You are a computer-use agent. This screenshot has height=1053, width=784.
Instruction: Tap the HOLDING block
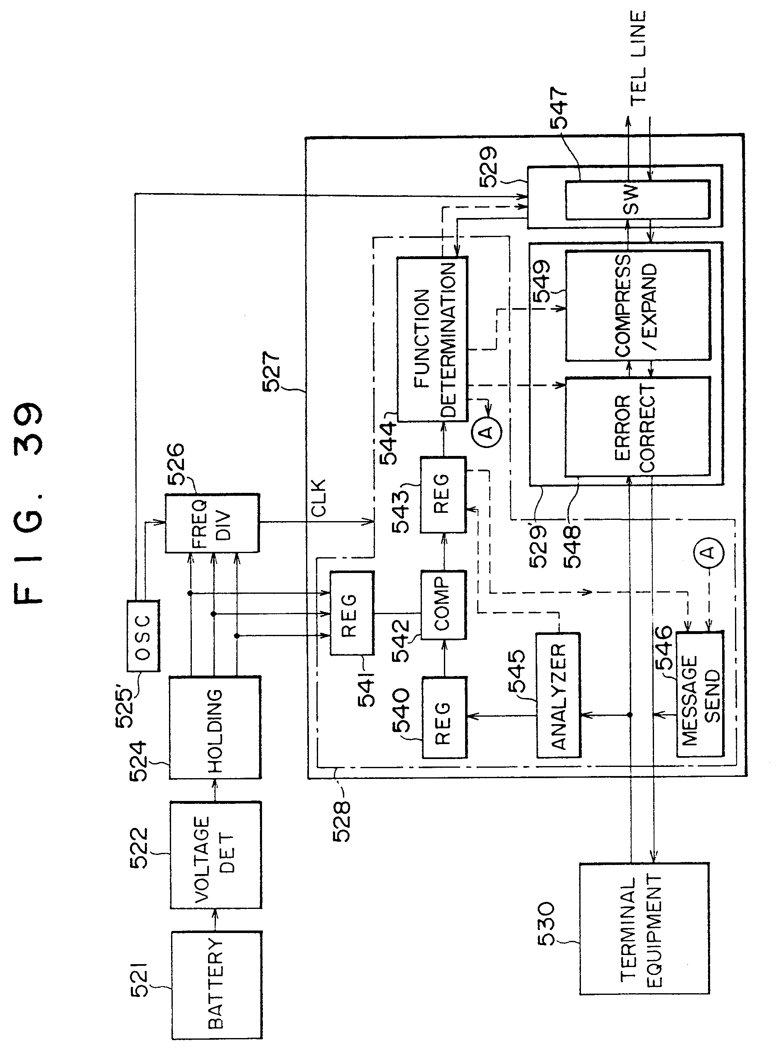[215, 734]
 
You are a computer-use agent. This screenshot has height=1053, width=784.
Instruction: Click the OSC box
[143, 635]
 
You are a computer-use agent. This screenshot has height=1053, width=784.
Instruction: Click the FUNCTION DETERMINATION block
[432, 339]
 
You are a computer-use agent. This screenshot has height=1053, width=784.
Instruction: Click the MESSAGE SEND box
[700, 695]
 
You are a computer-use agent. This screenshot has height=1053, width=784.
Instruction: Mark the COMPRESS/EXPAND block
[637, 306]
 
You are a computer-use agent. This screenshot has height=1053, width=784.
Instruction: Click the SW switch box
[637, 200]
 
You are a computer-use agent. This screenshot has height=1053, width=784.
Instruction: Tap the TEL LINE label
[638, 57]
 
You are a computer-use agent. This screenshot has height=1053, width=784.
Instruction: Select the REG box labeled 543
[442, 494]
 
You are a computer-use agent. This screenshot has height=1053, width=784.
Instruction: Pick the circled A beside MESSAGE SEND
[708, 551]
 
